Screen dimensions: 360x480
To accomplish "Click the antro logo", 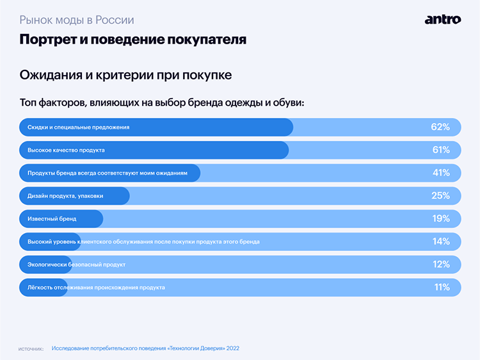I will pyautogui.click(x=442, y=19).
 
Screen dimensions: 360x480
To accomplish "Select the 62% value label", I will pyautogui.click(x=440, y=127).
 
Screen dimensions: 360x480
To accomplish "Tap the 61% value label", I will pyautogui.click(x=440, y=150).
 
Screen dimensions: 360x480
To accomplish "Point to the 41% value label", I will pyautogui.click(x=440, y=173).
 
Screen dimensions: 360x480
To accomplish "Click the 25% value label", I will pyautogui.click(x=440, y=195).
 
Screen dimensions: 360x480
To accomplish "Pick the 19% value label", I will pyautogui.click(x=440, y=218).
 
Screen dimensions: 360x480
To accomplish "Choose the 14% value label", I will pyautogui.click(x=440, y=241).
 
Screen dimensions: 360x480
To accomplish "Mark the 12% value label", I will pyautogui.click(x=440, y=264).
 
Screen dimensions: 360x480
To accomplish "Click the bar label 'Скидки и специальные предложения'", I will pyautogui.click(x=78, y=127).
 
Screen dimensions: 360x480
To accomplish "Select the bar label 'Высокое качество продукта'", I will pyautogui.click(x=66, y=150).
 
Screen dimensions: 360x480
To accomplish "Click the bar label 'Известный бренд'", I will pyautogui.click(x=52, y=218).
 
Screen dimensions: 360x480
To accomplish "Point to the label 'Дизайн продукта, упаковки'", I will pyautogui.click(x=65, y=195).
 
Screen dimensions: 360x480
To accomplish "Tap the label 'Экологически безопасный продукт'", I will pyautogui.click(x=76, y=264).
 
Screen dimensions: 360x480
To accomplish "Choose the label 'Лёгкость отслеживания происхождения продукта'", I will pyautogui.click(x=96, y=287).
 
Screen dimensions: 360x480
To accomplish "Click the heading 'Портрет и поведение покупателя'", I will pyautogui.click(x=132, y=40).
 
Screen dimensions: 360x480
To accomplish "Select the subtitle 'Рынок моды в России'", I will pyautogui.click(x=77, y=20).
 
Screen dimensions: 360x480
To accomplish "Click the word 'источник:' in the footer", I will pyautogui.click(x=31, y=349).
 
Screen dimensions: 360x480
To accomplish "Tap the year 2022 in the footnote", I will pyautogui.click(x=232, y=348).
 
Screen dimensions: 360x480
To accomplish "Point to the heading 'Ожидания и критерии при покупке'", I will pyautogui.click(x=125, y=75).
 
